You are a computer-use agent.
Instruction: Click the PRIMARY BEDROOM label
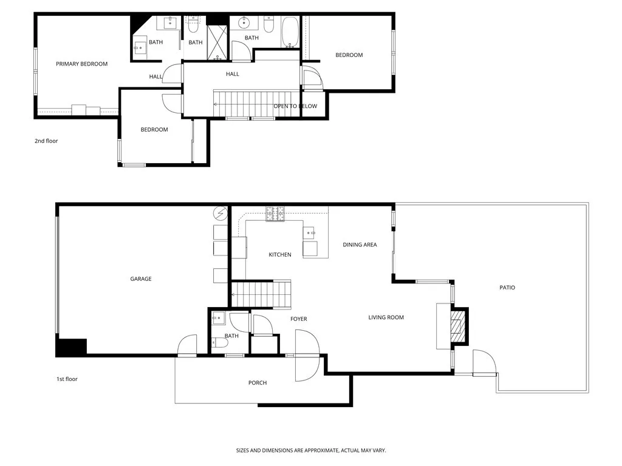(81, 64)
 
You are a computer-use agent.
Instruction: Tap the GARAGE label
(141, 279)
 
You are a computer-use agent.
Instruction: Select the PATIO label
(507, 288)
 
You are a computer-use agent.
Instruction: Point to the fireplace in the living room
(457, 327)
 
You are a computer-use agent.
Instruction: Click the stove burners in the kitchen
(275, 214)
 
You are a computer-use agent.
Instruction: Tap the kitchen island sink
(310, 232)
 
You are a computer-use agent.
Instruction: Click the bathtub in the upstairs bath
(290, 32)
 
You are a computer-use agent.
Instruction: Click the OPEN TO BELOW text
(295, 106)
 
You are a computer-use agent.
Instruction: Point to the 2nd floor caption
(46, 141)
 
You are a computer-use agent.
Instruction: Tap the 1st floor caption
(67, 379)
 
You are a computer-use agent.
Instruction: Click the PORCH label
(258, 383)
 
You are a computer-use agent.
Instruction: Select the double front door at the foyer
(307, 356)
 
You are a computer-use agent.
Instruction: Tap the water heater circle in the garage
(219, 214)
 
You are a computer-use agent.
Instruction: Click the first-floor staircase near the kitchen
(262, 294)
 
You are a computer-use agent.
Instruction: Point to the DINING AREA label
(360, 245)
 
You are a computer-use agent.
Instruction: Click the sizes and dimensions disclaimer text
(311, 451)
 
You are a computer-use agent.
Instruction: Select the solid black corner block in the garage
(71, 347)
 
